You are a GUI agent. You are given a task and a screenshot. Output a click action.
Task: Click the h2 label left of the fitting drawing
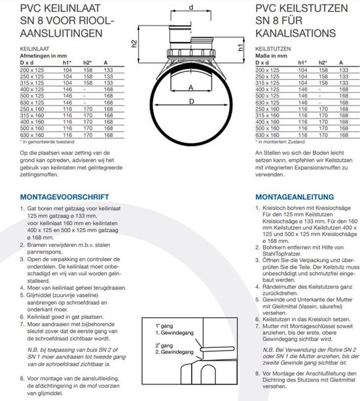134,45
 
